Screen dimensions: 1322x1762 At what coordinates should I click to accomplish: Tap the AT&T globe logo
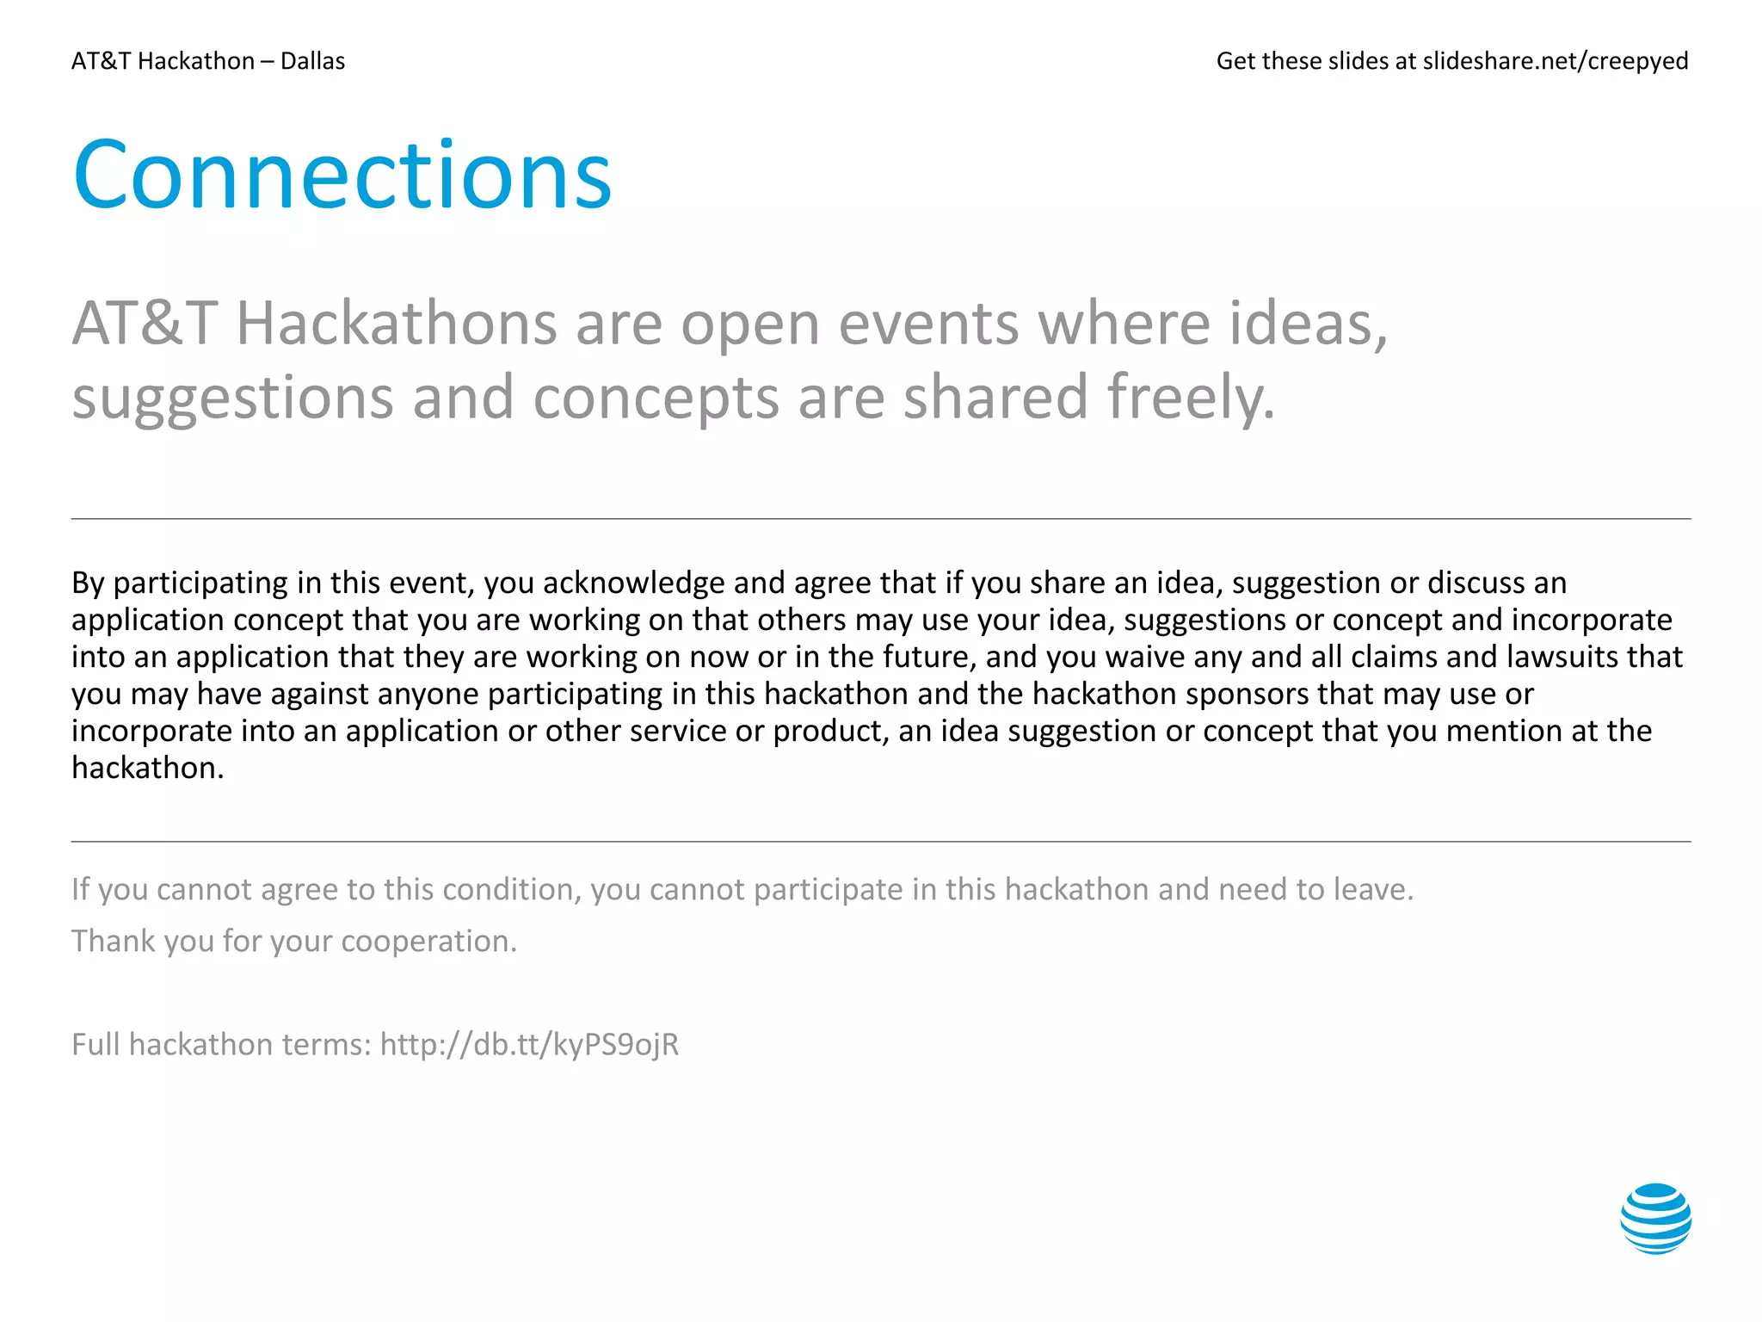click(x=1655, y=1218)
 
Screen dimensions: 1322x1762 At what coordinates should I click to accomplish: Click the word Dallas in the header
click(x=312, y=61)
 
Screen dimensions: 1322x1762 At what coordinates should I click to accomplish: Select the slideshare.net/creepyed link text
click(x=1555, y=61)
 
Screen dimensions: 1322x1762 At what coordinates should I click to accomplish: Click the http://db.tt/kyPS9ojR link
click(x=529, y=1044)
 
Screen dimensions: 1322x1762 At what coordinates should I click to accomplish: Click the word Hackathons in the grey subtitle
click(x=397, y=324)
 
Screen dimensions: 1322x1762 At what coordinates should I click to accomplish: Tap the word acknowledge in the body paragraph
click(x=634, y=583)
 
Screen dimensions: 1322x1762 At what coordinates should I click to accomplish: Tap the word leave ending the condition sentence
click(x=1372, y=889)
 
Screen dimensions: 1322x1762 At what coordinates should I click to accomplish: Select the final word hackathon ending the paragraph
click(x=147, y=768)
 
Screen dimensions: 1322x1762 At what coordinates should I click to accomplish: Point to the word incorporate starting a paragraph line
click(x=151, y=731)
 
